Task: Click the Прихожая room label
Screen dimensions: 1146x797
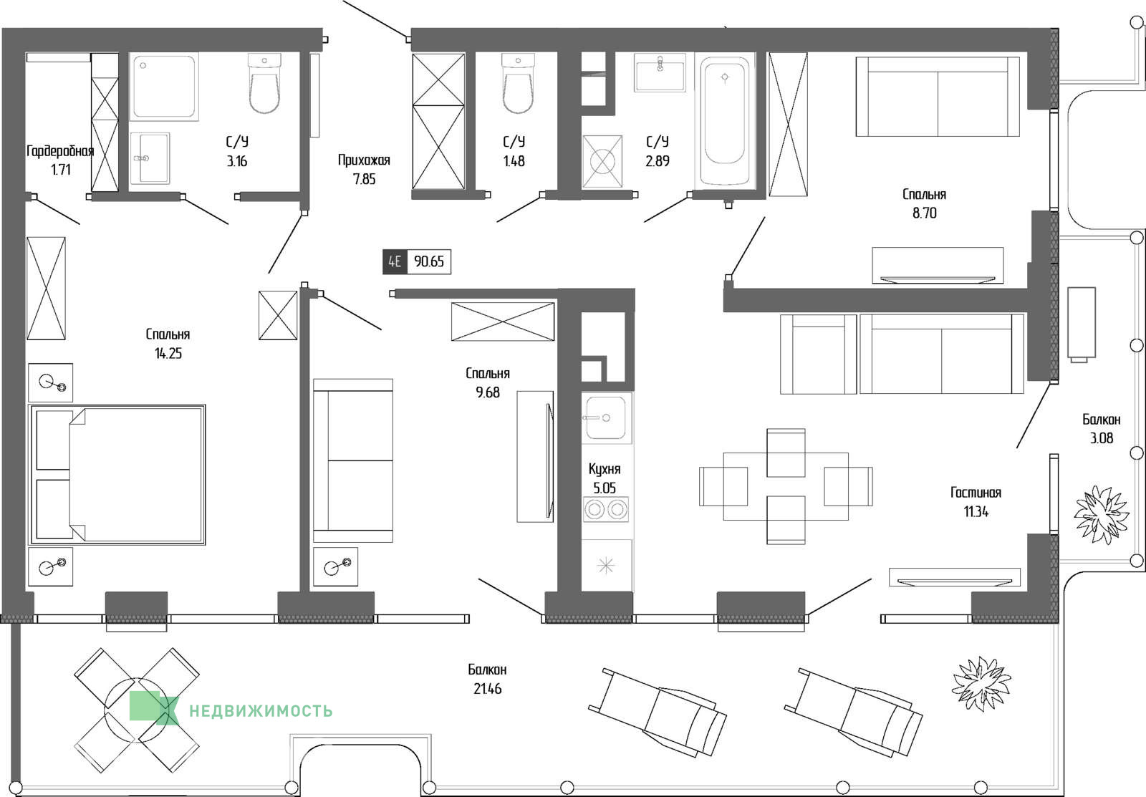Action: click(364, 160)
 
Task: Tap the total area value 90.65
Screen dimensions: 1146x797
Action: click(429, 261)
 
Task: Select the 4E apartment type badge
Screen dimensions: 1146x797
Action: click(395, 261)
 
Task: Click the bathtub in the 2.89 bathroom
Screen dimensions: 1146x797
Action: click(724, 120)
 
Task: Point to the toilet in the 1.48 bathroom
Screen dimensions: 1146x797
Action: click(518, 83)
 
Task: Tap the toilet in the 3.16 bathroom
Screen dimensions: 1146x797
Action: click(264, 83)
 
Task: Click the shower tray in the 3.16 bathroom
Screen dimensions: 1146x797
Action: click(164, 87)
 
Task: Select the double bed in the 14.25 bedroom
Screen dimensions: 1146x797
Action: click(117, 475)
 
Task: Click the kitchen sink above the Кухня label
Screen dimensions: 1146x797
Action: click(606, 418)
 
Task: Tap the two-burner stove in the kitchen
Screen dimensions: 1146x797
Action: click(606, 510)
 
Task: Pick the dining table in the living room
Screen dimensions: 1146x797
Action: click(786, 486)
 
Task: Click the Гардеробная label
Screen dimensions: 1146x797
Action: click(60, 151)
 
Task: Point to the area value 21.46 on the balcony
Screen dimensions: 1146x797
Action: click(487, 689)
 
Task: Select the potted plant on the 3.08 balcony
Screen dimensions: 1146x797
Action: click(1101, 515)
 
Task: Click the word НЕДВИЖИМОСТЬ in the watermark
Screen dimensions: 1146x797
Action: click(261, 711)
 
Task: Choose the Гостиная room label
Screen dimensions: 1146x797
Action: click(976, 493)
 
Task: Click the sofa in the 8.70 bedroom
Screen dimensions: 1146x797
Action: click(938, 97)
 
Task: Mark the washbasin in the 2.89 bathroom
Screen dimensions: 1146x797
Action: click(660, 72)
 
